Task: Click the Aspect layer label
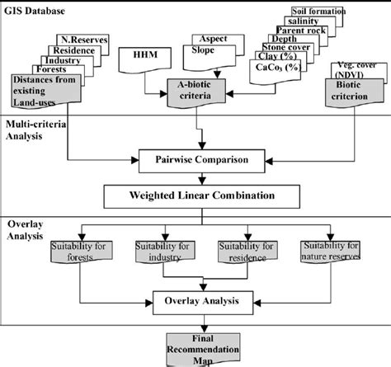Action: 211,40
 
